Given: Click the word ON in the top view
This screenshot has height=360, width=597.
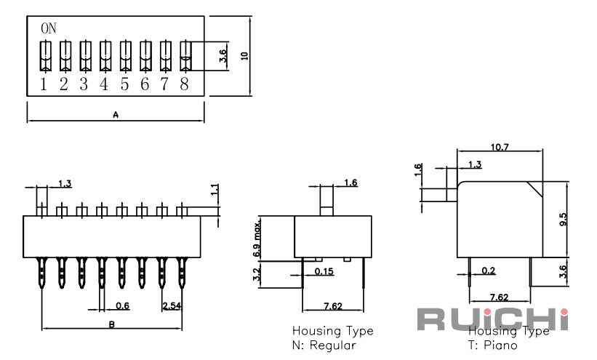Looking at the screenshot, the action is point(48,28).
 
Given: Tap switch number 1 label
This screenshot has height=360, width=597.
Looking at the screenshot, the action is point(44,84).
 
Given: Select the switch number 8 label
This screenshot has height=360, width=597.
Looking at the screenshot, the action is point(184,84).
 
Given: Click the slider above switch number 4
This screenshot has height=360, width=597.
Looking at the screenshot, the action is point(104,56).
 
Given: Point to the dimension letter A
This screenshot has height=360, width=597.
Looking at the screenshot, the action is point(116,115).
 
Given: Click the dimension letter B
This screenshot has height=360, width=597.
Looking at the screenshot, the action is point(111,324).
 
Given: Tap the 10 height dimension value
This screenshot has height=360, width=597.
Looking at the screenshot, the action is point(244,55).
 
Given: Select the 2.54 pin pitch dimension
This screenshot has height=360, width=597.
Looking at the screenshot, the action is point(172,305).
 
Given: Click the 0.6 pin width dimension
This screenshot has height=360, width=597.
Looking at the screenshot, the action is point(123,305).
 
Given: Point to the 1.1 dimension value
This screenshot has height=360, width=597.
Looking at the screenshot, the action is point(215,190).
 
